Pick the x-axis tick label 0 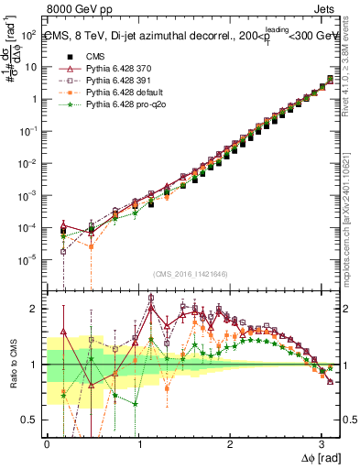(47, 442)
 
